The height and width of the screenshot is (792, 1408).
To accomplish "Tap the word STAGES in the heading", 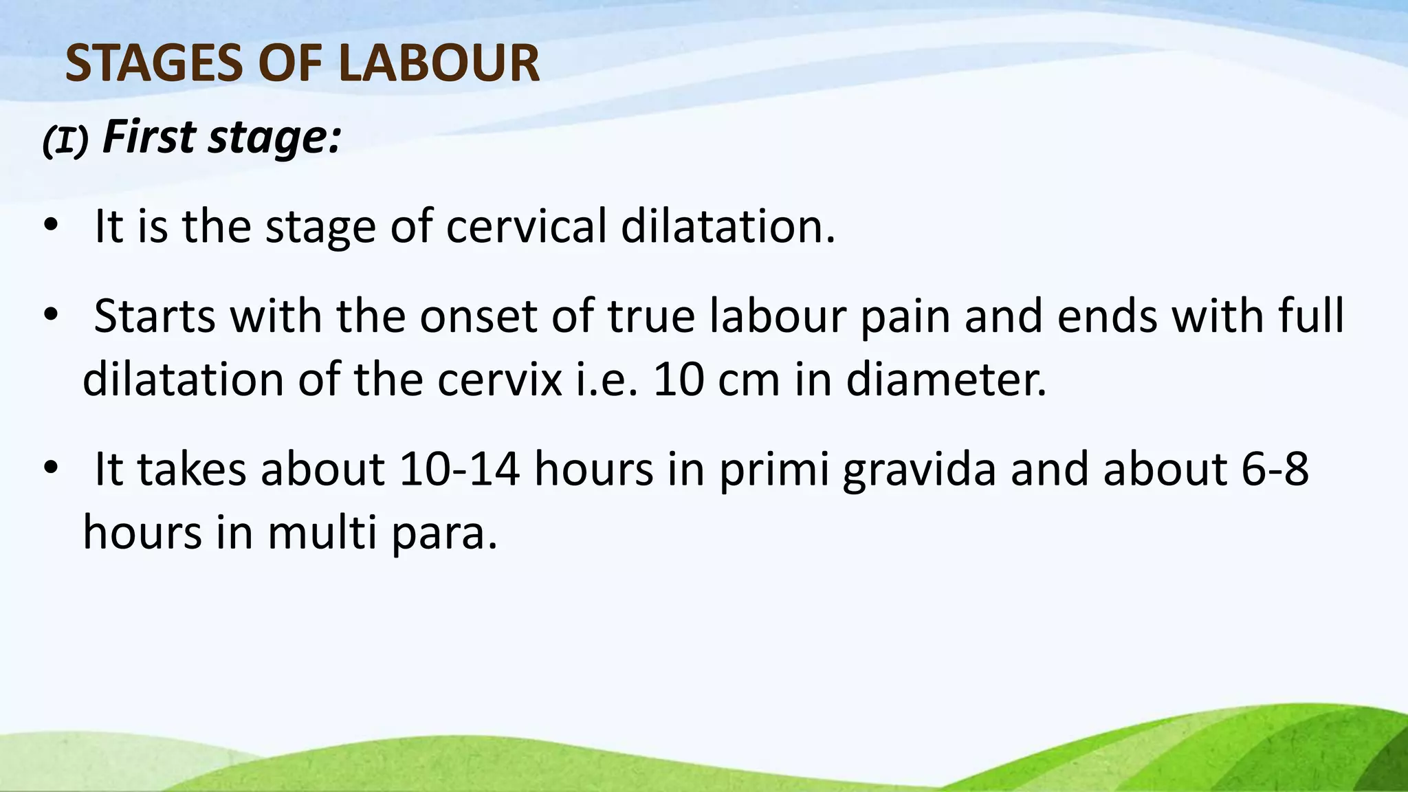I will [155, 63].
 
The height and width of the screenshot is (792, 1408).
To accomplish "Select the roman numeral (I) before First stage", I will [65, 141].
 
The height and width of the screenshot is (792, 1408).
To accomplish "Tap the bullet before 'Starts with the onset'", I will [50, 316].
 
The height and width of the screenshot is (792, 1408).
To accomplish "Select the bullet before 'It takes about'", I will [50, 469].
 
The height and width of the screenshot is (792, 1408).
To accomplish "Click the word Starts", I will [154, 316].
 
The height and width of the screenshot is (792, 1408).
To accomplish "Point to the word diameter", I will [945, 379].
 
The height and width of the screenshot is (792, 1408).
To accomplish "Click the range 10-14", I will [459, 470].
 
